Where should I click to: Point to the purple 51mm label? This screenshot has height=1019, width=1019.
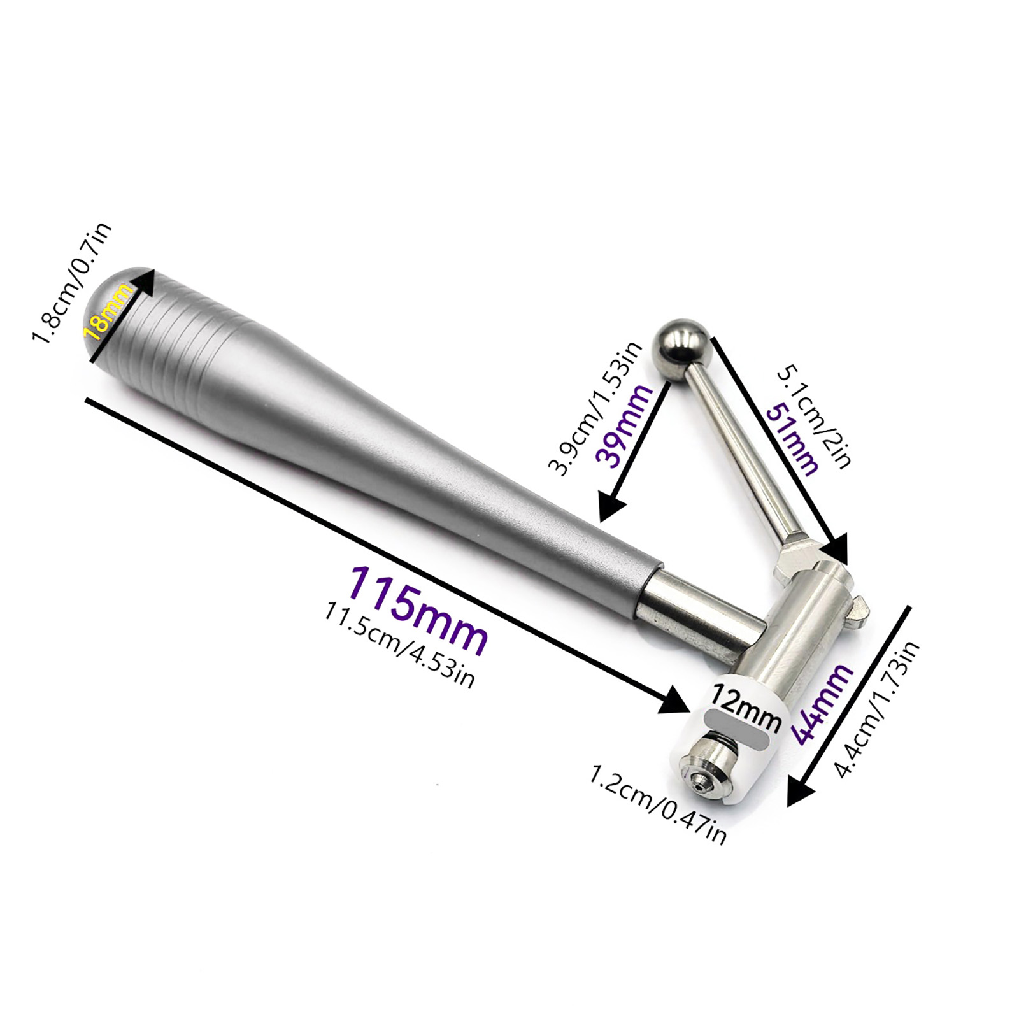(793, 440)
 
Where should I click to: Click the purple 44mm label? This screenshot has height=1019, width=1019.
(822, 703)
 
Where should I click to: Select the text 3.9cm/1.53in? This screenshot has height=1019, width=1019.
(595, 408)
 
